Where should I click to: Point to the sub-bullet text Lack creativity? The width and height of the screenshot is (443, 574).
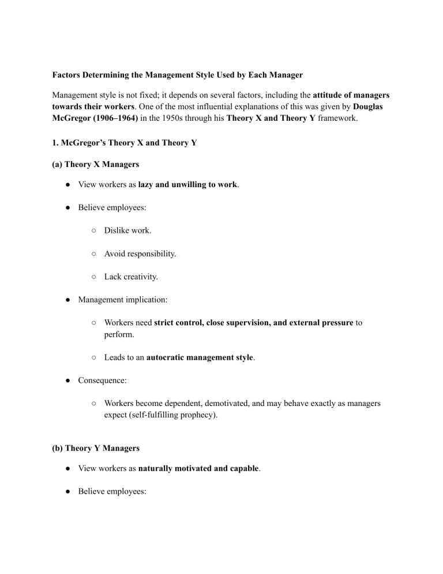[131, 277]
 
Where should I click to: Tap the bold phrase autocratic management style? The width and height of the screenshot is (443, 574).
[200, 357]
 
